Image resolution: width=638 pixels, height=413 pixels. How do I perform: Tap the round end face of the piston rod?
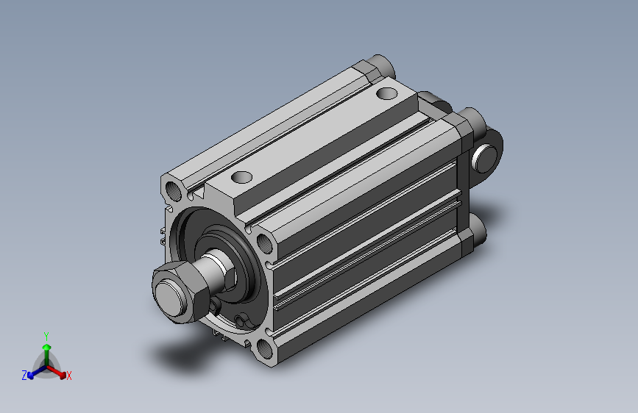click(171, 299)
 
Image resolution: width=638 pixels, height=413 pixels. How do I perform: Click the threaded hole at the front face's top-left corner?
click(174, 190)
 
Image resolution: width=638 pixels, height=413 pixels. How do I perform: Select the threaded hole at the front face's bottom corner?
click(265, 349)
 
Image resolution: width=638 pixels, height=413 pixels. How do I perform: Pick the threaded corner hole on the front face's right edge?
click(264, 243)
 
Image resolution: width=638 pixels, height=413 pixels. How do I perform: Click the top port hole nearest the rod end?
click(241, 177)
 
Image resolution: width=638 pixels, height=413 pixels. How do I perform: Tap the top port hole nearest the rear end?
click(387, 93)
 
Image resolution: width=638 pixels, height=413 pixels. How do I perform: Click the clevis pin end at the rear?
click(485, 158)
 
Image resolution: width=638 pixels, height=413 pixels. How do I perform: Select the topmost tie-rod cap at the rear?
click(383, 65)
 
